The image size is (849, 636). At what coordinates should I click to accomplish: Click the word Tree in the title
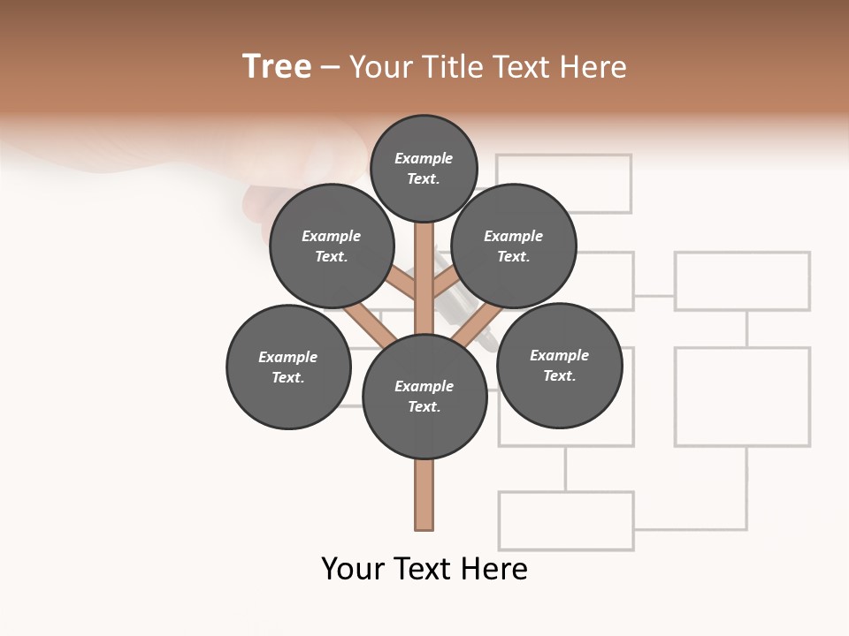(277, 67)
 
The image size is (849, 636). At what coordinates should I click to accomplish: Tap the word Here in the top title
(593, 67)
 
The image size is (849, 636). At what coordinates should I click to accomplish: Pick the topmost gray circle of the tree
(424, 168)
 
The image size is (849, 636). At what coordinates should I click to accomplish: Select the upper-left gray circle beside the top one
(332, 246)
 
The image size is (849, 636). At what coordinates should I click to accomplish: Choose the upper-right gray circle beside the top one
(514, 246)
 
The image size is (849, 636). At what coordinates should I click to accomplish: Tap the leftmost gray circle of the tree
(288, 367)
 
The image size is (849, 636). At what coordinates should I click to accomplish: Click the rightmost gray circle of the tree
(559, 365)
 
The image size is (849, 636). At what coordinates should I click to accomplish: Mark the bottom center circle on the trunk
(424, 397)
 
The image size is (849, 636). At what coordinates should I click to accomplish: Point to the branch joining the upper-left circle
(400, 284)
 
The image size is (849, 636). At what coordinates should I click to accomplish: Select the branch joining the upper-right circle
(447, 284)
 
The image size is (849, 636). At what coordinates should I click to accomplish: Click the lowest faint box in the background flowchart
(566, 520)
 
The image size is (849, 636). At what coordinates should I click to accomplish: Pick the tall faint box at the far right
(742, 396)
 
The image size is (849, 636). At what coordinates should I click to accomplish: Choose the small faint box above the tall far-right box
(742, 281)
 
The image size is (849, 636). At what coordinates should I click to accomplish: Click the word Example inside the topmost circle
(424, 158)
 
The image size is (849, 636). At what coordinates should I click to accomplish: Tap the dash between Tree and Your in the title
(330, 67)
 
